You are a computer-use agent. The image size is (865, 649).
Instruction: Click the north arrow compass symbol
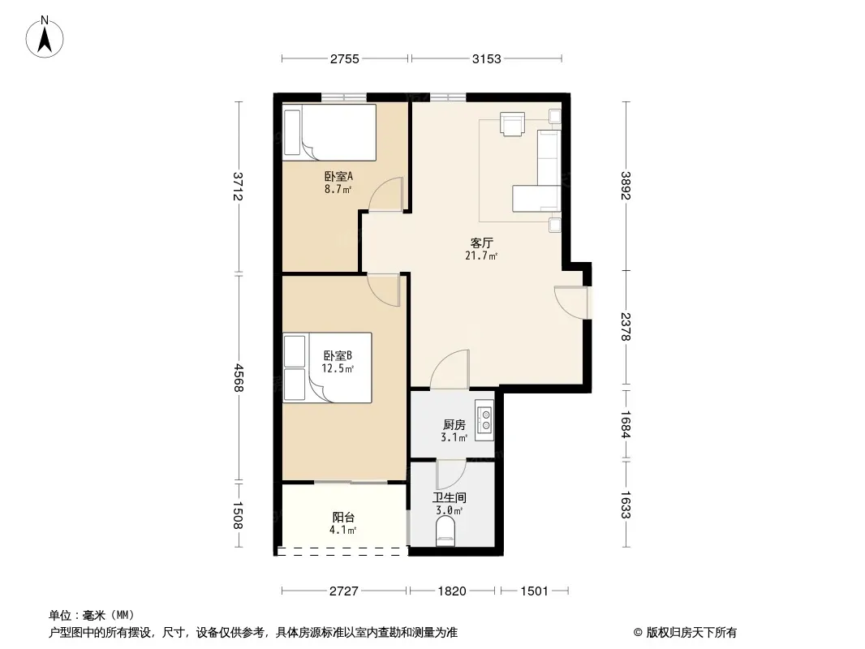pyautogui.click(x=45, y=37)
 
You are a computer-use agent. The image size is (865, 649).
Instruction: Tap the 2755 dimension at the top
pyautogui.click(x=345, y=59)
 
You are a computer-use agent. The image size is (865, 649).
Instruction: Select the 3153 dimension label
pyautogui.click(x=487, y=59)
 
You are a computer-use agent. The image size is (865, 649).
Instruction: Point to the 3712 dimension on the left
pyautogui.click(x=239, y=187)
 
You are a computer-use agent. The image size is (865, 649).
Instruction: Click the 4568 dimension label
pyautogui.click(x=239, y=378)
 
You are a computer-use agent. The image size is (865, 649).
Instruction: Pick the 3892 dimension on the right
pyautogui.click(x=626, y=186)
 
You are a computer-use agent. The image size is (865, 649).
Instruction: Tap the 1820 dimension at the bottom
pyautogui.click(x=452, y=591)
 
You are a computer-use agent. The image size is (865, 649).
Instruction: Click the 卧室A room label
pyautogui.click(x=338, y=177)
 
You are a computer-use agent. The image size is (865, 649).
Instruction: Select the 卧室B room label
pyautogui.click(x=338, y=355)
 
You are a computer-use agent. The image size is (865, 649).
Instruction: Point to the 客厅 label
pyautogui.click(x=482, y=243)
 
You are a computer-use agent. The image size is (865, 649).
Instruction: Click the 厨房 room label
pyautogui.click(x=454, y=424)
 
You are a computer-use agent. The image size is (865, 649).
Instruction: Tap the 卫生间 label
pyautogui.click(x=450, y=497)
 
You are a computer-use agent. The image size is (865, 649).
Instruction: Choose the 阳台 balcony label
pyautogui.click(x=343, y=518)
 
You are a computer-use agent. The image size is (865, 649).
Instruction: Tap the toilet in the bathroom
pyautogui.click(x=445, y=535)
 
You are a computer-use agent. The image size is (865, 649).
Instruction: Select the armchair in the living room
pyautogui.click(x=513, y=123)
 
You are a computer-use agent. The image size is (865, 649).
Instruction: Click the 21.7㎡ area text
pyautogui.click(x=482, y=256)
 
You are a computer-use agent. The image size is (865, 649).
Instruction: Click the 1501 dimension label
pyautogui.click(x=534, y=591)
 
